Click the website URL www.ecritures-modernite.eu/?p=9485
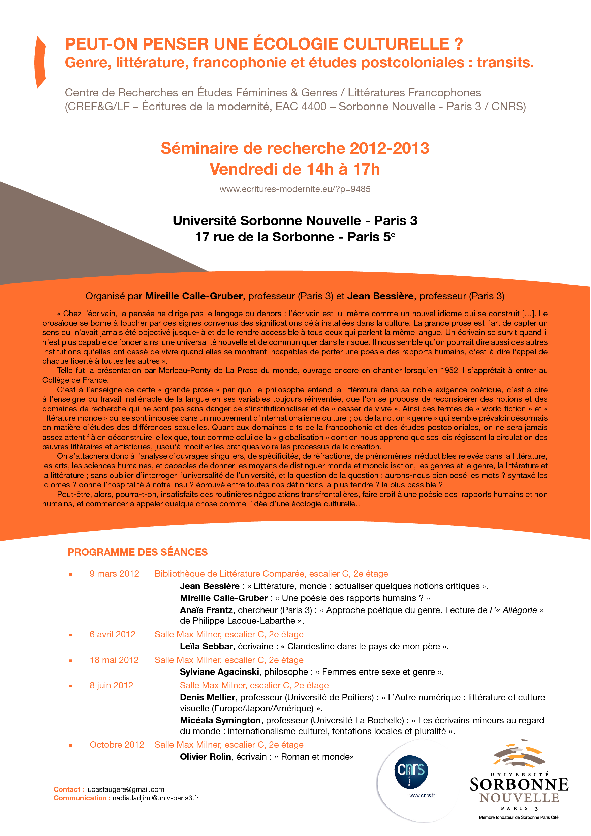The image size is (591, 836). (x=295, y=189)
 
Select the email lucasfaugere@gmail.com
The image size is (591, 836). (x=125, y=789)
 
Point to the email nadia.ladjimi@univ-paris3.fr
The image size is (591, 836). (x=155, y=798)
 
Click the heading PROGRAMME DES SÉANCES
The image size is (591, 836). (x=137, y=552)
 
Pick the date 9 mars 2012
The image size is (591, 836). (x=114, y=574)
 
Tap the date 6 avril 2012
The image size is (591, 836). (x=113, y=634)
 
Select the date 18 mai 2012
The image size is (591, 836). (x=114, y=660)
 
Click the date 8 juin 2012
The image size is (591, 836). (x=111, y=685)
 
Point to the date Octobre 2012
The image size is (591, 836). (x=117, y=745)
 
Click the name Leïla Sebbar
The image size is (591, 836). (x=206, y=646)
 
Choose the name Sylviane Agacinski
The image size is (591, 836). (x=219, y=672)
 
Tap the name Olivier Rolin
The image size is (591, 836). (x=205, y=757)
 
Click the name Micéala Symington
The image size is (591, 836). (x=220, y=720)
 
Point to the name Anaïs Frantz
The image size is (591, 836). (x=206, y=610)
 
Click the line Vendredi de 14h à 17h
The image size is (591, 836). (x=295, y=169)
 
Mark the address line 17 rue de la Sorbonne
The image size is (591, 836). (x=265, y=237)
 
